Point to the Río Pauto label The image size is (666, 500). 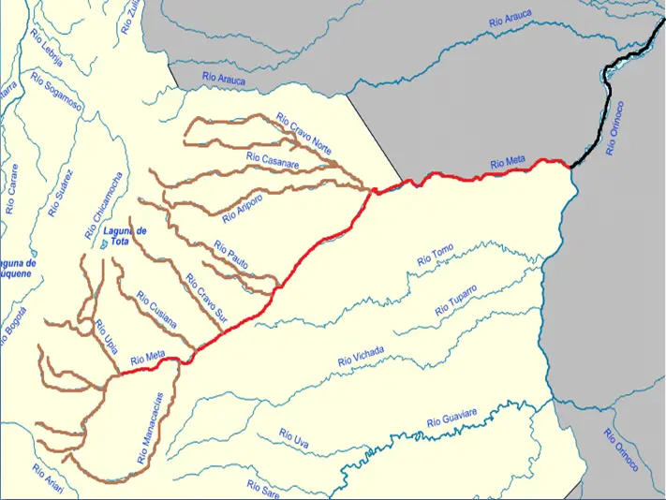231,255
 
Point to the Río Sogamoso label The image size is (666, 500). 57,93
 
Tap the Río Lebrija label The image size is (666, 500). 46,48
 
